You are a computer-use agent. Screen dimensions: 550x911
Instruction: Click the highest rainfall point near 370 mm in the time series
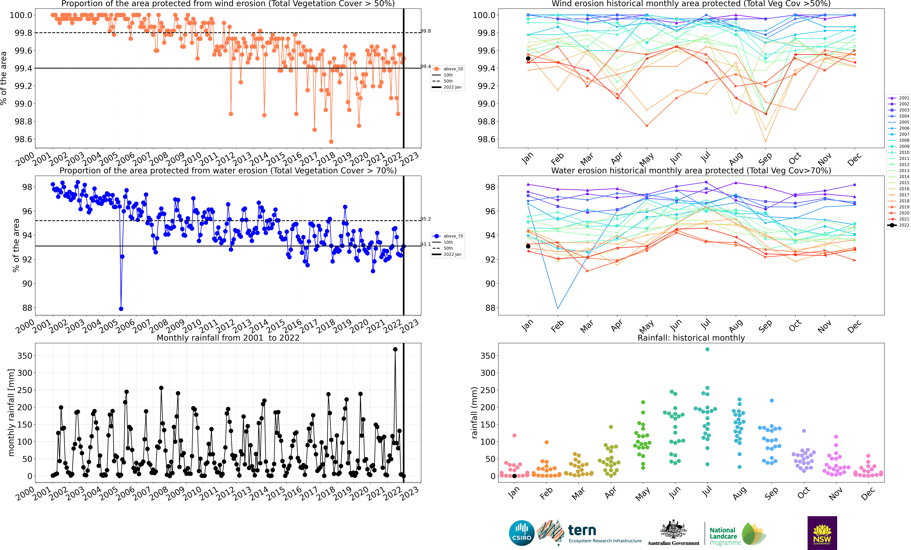(395, 349)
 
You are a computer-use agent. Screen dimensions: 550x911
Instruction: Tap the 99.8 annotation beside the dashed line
(426, 31)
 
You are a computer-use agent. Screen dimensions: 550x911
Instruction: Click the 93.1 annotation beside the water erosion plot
(426, 244)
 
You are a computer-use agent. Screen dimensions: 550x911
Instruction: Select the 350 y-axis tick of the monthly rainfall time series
(25, 355)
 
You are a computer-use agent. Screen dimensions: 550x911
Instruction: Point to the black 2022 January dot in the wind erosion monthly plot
(528, 58)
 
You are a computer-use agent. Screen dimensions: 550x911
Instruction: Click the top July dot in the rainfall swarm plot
(707, 349)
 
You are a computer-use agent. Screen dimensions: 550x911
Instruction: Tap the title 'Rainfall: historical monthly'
(691, 338)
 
